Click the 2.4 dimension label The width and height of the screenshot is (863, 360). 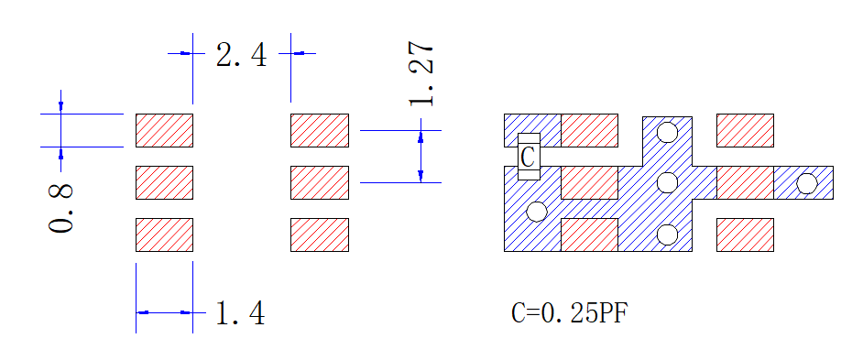coord(241,55)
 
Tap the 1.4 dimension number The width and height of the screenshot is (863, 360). coord(241,313)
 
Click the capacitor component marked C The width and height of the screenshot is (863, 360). coord(529,157)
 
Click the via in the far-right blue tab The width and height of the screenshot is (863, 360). coord(807,183)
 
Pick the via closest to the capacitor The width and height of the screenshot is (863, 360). coord(537,212)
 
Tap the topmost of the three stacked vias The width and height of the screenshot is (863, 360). coord(668,132)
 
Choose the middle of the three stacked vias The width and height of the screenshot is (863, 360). coord(668,182)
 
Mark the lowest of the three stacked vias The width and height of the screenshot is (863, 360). coord(668,235)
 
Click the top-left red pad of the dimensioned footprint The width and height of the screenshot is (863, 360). coord(165,130)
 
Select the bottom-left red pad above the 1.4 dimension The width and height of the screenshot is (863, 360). coord(165,235)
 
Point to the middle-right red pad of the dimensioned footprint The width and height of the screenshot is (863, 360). coord(320,183)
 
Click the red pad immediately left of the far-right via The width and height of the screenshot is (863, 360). coord(745,183)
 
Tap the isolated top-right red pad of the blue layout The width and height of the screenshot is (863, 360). coord(745,130)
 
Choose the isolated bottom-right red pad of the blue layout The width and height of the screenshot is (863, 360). coord(745,235)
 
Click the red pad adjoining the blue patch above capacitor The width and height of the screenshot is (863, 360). coord(589,130)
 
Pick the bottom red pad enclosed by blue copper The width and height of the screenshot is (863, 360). coord(589,235)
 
